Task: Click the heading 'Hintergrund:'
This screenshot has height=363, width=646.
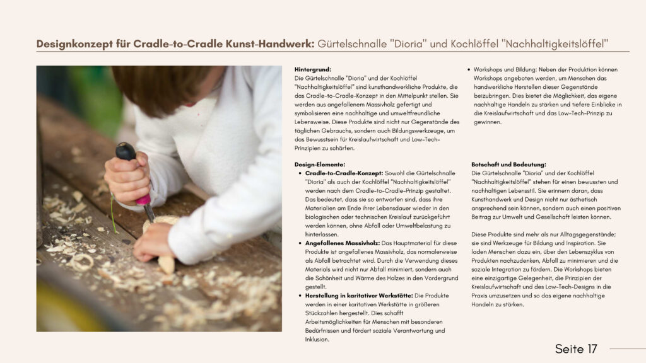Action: click(312, 69)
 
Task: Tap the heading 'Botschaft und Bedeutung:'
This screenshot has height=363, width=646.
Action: click(508, 164)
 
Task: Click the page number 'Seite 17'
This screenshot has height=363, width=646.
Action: click(575, 349)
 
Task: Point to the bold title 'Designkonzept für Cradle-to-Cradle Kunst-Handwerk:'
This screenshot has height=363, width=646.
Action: click(175, 44)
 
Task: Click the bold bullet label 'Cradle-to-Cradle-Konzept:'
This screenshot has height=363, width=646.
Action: click(344, 173)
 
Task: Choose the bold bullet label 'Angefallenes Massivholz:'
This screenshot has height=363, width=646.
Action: click(342, 243)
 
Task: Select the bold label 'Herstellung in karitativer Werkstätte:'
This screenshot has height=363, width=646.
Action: click(359, 296)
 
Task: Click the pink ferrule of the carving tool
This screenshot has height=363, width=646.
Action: click(144, 199)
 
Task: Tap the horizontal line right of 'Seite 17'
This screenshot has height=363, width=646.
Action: click(627, 349)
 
